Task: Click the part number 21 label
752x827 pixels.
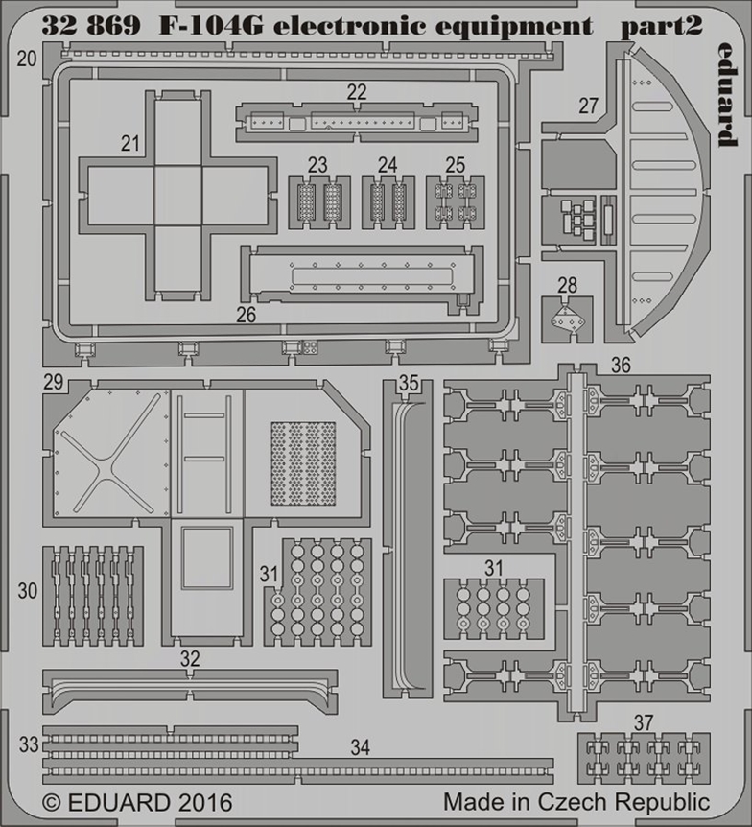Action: tap(129, 144)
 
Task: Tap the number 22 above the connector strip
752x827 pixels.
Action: tap(357, 92)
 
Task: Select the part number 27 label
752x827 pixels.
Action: tap(588, 106)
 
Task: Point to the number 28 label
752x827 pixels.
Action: tap(568, 285)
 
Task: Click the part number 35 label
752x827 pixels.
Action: tap(409, 383)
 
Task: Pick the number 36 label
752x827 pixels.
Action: tap(621, 365)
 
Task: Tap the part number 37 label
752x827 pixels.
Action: tap(644, 722)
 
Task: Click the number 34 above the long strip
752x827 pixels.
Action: tap(361, 747)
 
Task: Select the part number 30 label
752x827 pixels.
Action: tap(28, 591)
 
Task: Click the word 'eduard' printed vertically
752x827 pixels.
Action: tap(728, 94)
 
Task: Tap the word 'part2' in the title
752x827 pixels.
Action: tap(661, 26)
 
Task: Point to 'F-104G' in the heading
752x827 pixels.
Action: tap(211, 25)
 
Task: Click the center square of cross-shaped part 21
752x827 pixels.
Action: tap(177, 196)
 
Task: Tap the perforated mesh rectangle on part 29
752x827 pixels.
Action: tap(303, 463)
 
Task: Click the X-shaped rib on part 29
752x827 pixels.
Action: tap(111, 454)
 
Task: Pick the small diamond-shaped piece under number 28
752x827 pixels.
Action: tap(566, 319)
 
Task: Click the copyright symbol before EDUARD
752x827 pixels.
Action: tap(51, 803)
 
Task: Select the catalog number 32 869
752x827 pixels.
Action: tap(91, 25)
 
